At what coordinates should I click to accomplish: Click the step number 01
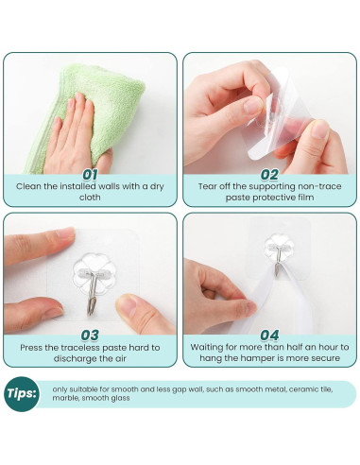click(90, 175)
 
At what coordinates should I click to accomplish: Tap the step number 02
click(269, 175)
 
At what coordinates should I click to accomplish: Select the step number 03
click(90, 336)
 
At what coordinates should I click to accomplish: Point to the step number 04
click(269, 336)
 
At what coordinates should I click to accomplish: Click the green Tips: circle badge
click(22, 394)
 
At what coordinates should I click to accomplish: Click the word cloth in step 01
click(90, 198)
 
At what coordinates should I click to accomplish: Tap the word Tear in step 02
click(207, 186)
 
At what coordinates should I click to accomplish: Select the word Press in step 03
click(31, 348)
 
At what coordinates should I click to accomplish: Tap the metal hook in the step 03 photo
click(93, 293)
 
